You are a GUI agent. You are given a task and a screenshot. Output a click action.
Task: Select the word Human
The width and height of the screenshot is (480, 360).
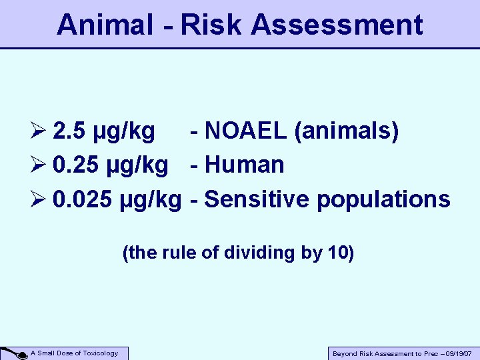pyautogui.click(x=245, y=165)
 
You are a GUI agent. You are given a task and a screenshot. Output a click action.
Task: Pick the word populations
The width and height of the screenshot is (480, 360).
pyautogui.click(x=383, y=199)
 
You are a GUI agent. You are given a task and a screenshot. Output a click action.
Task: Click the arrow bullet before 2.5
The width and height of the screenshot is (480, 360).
pyautogui.click(x=39, y=132)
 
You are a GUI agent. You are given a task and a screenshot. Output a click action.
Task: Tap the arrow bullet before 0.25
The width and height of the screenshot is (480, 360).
pyautogui.click(x=39, y=165)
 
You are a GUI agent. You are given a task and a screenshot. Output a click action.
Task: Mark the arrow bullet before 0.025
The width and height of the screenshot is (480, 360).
pyautogui.click(x=39, y=199)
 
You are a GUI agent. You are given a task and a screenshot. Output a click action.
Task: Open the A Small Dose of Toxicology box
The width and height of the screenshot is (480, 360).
pyautogui.click(x=79, y=353)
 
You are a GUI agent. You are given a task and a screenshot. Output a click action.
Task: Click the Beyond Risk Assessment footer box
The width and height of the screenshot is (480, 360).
pyautogui.click(x=402, y=354)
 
